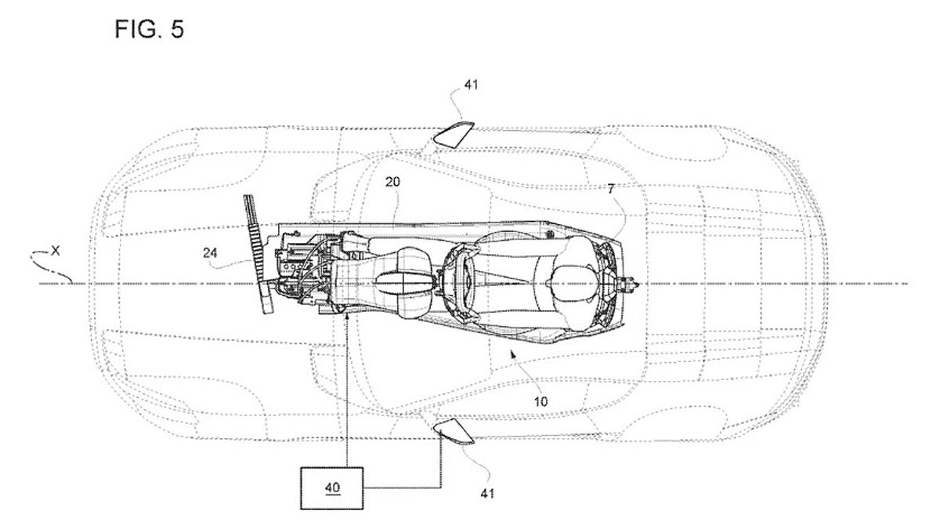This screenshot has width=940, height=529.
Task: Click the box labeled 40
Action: click(x=334, y=487)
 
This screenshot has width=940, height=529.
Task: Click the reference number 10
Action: click(x=541, y=401)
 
